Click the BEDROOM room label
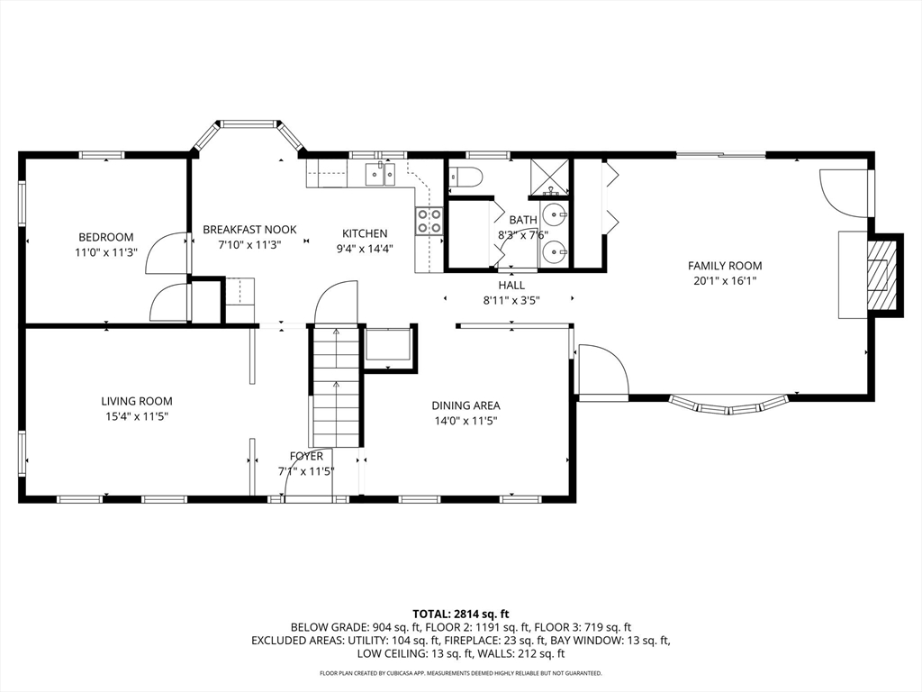pyautogui.click(x=106, y=237)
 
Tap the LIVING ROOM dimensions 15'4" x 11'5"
pyautogui.click(x=137, y=417)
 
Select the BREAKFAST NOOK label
pyautogui.click(x=250, y=230)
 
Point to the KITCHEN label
pyautogui.click(x=365, y=233)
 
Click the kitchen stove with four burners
pyautogui.click(x=429, y=222)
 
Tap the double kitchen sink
pyautogui.click(x=381, y=174)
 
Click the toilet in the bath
pyautogui.click(x=465, y=177)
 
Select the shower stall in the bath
pyautogui.click(x=550, y=178)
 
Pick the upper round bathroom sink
pyautogui.click(x=555, y=214)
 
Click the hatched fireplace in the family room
pyautogui.click(x=883, y=274)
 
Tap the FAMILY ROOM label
pyautogui.click(x=725, y=266)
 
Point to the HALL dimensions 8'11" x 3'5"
pyautogui.click(x=511, y=301)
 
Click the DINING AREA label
pyautogui.click(x=466, y=405)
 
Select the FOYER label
pyautogui.click(x=306, y=456)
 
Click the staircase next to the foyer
pyautogui.click(x=336, y=386)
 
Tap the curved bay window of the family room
pyautogui.click(x=729, y=406)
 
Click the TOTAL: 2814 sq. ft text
pyautogui.click(x=460, y=615)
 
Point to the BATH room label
pyautogui.click(x=523, y=220)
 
